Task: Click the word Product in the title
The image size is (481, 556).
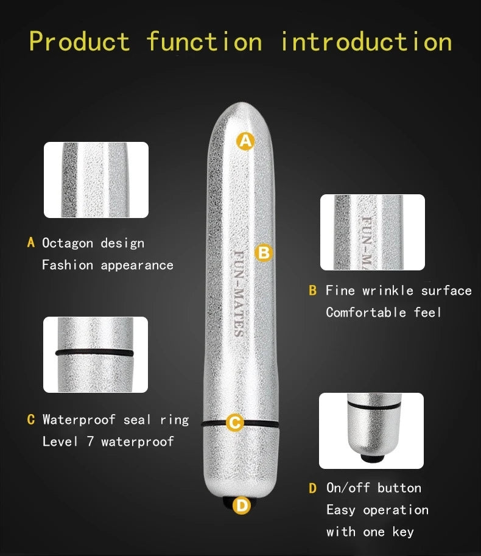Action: (79, 41)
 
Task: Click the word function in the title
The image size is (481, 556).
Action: (204, 41)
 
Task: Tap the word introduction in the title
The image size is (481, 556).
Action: (366, 41)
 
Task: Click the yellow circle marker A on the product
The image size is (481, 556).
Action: (245, 141)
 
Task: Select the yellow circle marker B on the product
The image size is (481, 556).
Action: (263, 252)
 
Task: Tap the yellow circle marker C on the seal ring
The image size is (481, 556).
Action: (235, 422)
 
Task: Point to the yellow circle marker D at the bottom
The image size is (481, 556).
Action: (242, 505)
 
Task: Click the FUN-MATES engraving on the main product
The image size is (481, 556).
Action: (239, 293)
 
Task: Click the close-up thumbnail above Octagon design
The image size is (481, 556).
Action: (96, 180)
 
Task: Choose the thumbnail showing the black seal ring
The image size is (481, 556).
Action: (96, 354)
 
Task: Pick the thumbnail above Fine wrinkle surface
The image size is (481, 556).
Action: (373, 232)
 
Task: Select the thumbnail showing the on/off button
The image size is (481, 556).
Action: (371, 431)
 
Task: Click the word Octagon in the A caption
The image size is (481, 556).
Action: (68, 243)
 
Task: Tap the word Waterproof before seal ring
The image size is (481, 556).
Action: (80, 420)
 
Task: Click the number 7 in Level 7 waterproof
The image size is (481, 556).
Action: (90, 442)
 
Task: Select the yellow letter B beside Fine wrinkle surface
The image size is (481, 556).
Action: (313, 290)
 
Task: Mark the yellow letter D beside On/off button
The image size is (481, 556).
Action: (313, 488)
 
